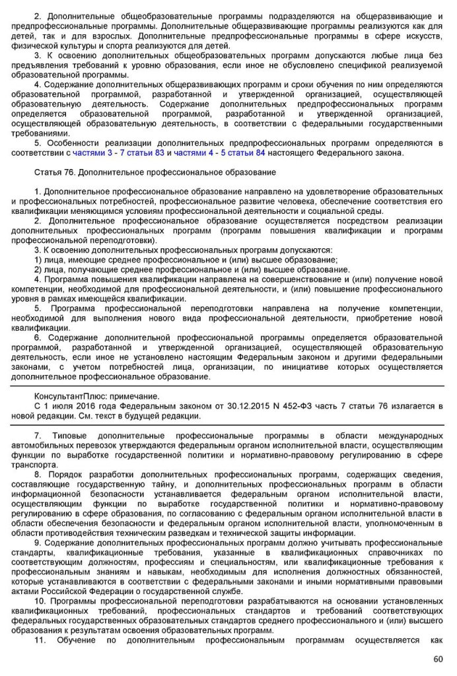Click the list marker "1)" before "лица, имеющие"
point(38,259)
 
